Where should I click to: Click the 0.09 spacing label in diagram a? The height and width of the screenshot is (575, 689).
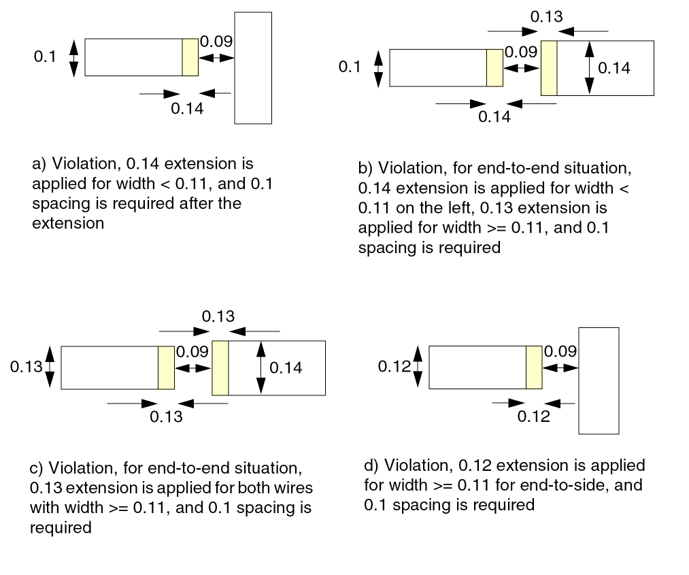pyautogui.click(x=216, y=42)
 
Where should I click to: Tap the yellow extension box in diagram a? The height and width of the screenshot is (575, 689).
pyautogui.click(x=190, y=57)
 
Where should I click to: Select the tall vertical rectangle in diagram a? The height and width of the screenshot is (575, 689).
pyautogui.click(x=253, y=68)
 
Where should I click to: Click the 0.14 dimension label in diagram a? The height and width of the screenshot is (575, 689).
pyautogui.click(x=187, y=109)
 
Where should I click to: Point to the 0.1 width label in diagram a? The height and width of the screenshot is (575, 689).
pyautogui.click(x=45, y=56)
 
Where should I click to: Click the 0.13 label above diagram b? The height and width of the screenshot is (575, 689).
pyautogui.click(x=546, y=17)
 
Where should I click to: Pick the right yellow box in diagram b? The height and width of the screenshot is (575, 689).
pyautogui.click(x=549, y=68)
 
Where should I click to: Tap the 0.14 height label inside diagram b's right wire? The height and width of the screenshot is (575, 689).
pyautogui.click(x=614, y=68)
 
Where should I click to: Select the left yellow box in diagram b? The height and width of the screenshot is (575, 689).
pyautogui.click(x=494, y=67)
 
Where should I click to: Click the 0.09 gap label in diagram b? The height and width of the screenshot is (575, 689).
pyautogui.click(x=521, y=52)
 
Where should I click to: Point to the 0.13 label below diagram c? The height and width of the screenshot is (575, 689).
pyautogui.click(x=166, y=416)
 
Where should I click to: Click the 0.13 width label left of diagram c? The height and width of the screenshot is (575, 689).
pyautogui.click(x=27, y=367)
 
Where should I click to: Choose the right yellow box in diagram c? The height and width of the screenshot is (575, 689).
pyautogui.click(x=220, y=368)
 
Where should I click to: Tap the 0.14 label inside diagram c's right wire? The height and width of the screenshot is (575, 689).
pyautogui.click(x=286, y=368)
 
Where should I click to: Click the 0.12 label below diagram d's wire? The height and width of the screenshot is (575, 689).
pyautogui.click(x=533, y=416)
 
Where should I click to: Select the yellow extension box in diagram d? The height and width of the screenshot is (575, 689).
pyautogui.click(x=534, y=367)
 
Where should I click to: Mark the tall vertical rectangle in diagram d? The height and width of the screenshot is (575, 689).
pyautogui.click(x=599, y=380)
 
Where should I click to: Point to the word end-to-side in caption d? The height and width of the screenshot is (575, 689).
pyautogui.click(x=554, y=485)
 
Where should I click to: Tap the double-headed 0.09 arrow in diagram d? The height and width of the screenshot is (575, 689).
pyautogui.click(x=560, y=367)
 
